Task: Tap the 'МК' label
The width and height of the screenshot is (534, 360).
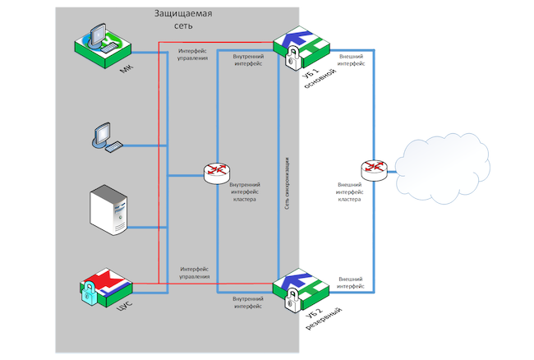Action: pos(125,70)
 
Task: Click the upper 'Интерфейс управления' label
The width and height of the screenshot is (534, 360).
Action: pos(194,54)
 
